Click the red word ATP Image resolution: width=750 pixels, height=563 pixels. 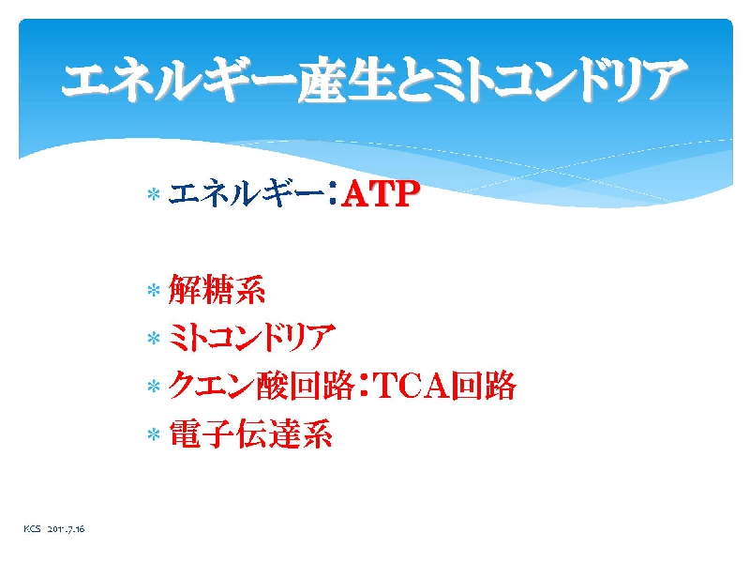click(x=381, y=194)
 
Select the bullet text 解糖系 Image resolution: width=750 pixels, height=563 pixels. click(x=217, y=290)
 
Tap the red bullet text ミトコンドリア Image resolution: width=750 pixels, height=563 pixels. click(x=251, y=338)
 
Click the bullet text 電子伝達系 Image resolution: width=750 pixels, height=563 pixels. click(x=250, y=434)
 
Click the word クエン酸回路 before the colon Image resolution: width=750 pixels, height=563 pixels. click(x=262, y=386)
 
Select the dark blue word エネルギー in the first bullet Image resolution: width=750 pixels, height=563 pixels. click(x=246, y=194)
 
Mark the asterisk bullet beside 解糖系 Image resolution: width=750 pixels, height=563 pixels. click(x=154, y=290)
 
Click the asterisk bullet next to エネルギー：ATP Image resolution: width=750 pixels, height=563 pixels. click(x=154, y=194)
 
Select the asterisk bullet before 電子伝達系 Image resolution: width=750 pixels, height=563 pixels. click(x=154, y=434)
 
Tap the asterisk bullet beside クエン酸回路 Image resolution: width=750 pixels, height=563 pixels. click(x=154, y=387)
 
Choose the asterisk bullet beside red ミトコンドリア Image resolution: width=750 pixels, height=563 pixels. click(x=154, y=339)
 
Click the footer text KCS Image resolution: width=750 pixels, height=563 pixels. click(x=32, y=529)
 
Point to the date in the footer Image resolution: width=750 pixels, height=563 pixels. click(x=66, y=529)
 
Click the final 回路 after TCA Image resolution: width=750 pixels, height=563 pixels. click(x=484, y=386)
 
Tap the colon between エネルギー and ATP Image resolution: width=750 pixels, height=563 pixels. click(x=332, y=195)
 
